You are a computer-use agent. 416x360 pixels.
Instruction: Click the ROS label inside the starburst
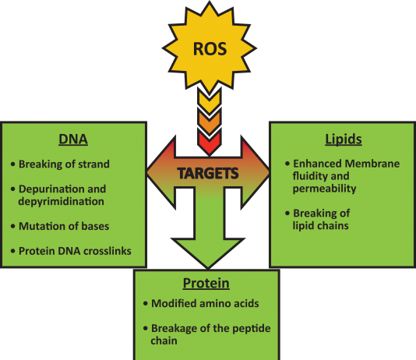click(x=210, y=49)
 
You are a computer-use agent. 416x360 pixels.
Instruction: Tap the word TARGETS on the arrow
click(x=208, y=174)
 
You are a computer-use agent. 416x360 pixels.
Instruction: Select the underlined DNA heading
click(x=73, y=139)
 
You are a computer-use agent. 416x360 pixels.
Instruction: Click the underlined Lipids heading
click(x=344, y=139)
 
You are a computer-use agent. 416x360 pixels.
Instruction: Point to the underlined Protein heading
click(x=206, y=283)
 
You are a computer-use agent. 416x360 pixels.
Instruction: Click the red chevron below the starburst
click(x=210, y=141)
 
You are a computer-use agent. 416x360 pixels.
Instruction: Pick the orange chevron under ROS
click(x=210, y=121)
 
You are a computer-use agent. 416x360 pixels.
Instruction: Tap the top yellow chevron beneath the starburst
click(x=210, y=101)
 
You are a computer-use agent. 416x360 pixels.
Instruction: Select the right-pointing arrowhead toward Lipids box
click(x=256, y=172)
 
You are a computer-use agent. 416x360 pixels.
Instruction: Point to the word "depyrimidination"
click(x=61, y=201)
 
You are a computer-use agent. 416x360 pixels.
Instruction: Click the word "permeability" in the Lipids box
click(x=325, y=189)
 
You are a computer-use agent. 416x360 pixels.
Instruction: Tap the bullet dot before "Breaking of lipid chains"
click(x=287, y=213)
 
